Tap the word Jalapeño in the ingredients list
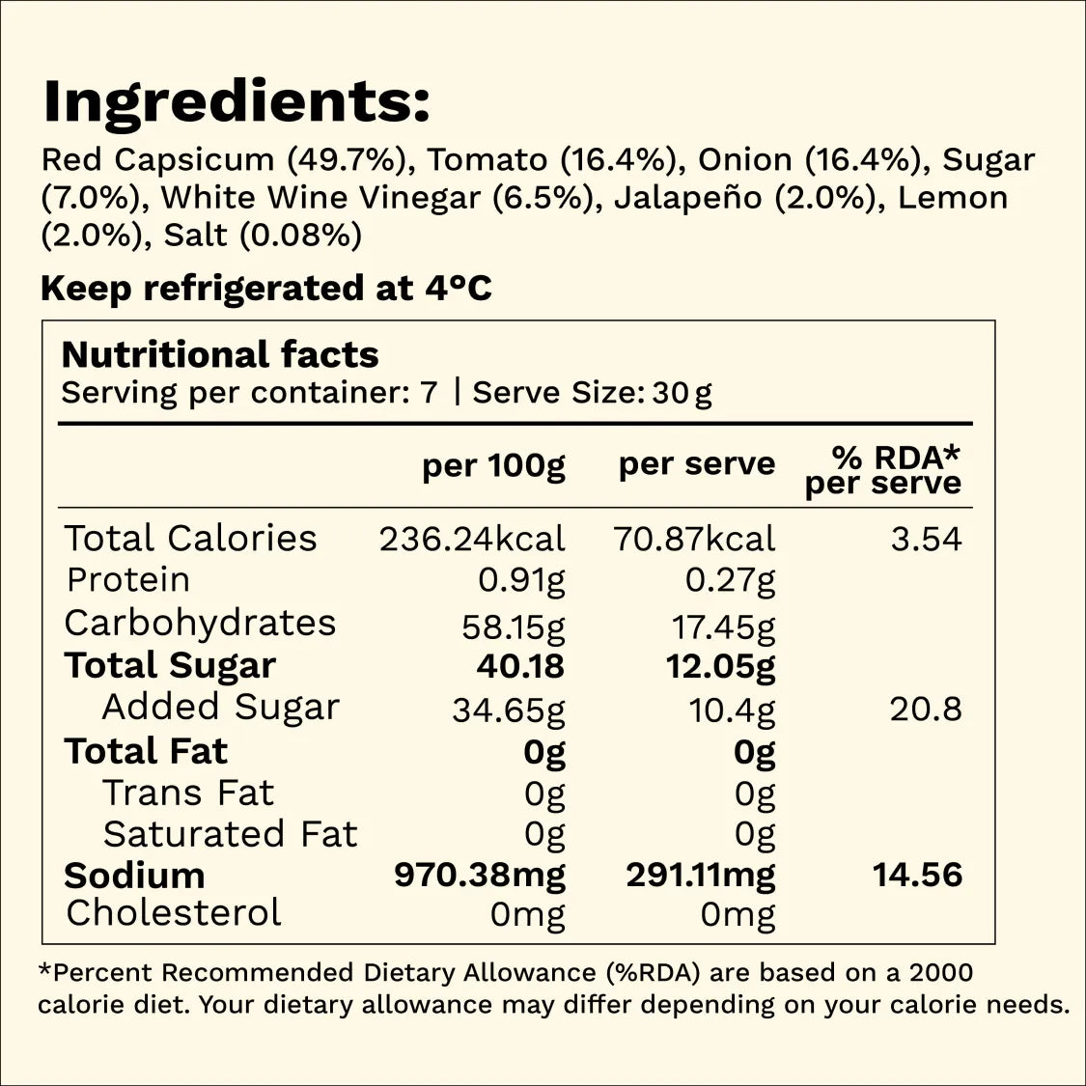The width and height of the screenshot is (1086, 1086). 687,198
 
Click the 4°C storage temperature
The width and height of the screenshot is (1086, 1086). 459,288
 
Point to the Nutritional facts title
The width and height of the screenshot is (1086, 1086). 220,354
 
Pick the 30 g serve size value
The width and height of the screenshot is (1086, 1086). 682,394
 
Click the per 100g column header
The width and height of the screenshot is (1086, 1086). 494,465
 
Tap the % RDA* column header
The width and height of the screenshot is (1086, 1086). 896,458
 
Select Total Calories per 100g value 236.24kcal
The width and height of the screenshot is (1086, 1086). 472,539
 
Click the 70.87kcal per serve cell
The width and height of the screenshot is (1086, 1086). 695,539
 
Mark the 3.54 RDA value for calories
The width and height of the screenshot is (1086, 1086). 926,539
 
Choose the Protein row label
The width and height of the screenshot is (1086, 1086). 128,580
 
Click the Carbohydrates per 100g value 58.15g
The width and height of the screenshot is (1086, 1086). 514,627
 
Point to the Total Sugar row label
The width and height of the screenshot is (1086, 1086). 170,666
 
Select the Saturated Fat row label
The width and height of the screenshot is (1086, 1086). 230,834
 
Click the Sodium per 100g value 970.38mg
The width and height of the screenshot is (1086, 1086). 480,876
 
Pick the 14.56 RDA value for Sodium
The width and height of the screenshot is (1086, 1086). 918,875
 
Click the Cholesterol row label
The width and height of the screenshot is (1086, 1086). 174,913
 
